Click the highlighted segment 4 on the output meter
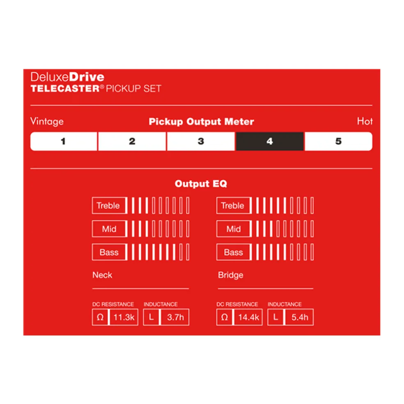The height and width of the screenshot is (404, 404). (269, 141)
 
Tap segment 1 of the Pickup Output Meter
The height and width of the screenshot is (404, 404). (64, 141)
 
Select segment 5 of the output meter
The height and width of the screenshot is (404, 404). (339, 141)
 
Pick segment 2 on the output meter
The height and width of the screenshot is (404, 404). (132, 141)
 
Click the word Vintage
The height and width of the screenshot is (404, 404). (47, 122)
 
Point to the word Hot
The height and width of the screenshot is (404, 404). (365, 121)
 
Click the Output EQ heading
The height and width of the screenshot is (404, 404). (201, 184)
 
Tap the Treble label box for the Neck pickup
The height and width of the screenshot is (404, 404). (109, 205)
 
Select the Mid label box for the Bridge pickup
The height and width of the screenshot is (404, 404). (234, 229)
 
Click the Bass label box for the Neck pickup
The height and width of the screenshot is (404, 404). (109, 252)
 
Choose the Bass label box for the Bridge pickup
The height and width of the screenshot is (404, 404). (234, 252)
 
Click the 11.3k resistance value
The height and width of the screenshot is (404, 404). (124, 317)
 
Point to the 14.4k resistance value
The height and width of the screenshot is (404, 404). (248, 317)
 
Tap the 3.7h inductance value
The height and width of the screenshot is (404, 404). (175, 317)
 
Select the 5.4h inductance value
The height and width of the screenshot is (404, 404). (300, 317)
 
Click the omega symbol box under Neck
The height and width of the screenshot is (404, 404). (100, 317)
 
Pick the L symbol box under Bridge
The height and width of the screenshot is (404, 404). (275, 317)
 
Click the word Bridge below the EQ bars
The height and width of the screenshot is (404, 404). (231, 275)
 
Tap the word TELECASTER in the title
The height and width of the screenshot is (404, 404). (65, 89)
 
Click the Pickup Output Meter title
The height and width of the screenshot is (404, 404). (202, 122)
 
